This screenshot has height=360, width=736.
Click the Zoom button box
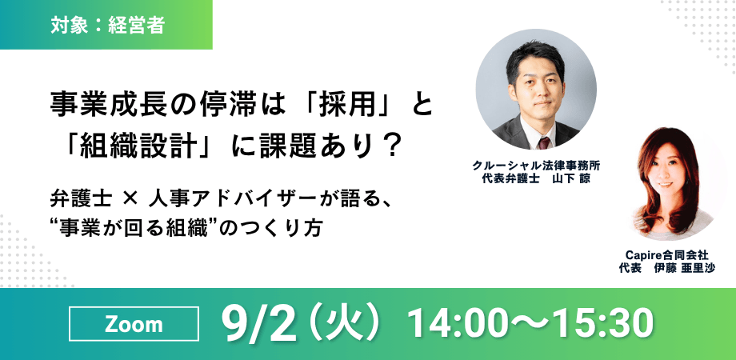[134, 325]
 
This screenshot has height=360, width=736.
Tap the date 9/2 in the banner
[261, 323]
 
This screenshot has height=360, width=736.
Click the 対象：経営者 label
[106, 25]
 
